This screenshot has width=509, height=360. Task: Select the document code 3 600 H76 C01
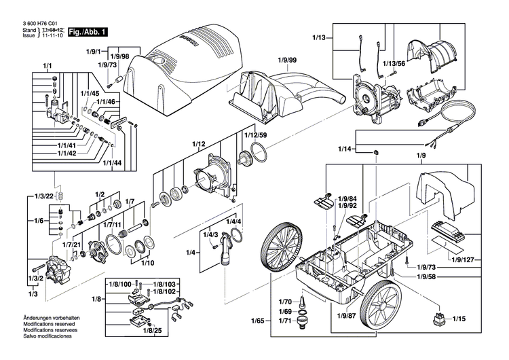[34, 22]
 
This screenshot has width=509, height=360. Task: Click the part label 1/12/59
[254, 135]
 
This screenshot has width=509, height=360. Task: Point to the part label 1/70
[266, 301]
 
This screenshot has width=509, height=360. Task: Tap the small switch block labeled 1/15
[435, 319]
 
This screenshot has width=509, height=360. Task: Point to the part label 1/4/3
[212, 234]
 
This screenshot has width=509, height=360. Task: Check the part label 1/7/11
[113, 223]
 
